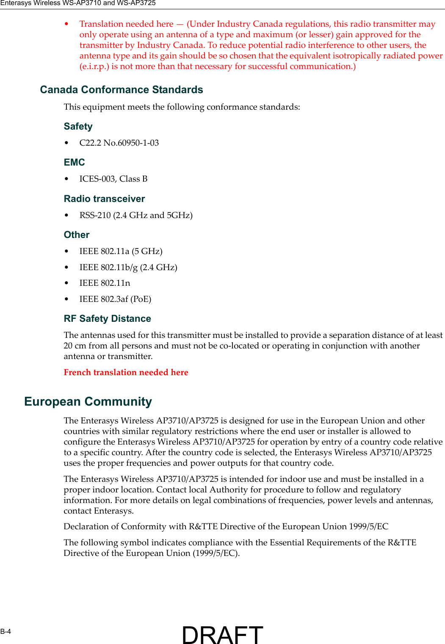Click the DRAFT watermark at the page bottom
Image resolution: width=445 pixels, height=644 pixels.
(x=222, y=634)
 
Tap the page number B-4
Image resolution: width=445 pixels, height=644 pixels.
(x=6, y=631)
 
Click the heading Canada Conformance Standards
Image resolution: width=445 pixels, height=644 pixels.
(x=122, y=90)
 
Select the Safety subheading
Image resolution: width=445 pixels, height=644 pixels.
(x=78, y=127)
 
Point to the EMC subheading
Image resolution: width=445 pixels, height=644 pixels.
(x=75, y=163)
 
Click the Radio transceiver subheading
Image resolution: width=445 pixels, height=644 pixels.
(x=104, y=199)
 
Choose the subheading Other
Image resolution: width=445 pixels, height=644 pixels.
(x=77, y=235)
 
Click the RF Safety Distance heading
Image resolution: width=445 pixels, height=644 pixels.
(x=107, y=319)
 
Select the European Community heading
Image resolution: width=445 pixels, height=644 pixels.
(x=88, y=401)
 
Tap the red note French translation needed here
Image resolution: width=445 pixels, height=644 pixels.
(x=126, y=373)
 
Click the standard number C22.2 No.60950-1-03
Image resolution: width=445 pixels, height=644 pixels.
(x=119, y=143)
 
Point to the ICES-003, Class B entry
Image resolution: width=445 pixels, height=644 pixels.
(x=113, y=179)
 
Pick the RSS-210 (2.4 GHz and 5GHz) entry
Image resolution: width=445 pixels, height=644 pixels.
(x=136, y=216)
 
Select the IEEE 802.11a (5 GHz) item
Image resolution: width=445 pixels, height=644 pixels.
(x=121, y=252)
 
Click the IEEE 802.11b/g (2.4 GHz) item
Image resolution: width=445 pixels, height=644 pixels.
(x=128, y=268)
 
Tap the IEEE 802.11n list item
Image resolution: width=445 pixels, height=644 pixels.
(x=105, y=283)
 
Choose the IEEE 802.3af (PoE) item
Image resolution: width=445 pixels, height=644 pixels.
(x=115, y=299)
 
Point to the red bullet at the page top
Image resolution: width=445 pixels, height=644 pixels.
(x=66, y=24)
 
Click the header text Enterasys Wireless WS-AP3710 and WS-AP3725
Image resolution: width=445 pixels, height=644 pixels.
(x=78, y=3)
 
